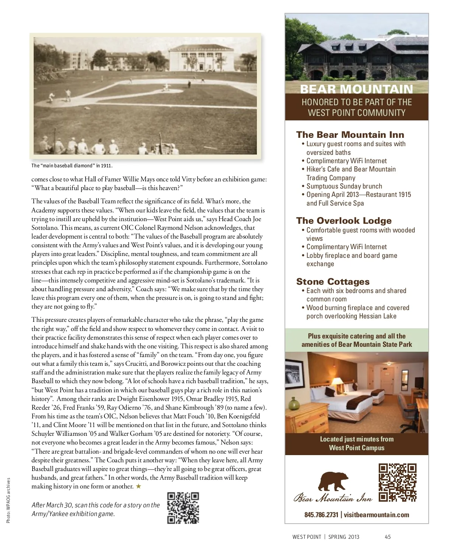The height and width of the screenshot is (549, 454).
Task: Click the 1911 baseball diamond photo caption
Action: pos(72,166)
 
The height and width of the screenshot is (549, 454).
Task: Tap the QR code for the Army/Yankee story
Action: pos(183,508)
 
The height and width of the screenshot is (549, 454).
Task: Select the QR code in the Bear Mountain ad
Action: pos(397,482)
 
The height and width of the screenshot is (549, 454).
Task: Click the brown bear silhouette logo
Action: pos(333,482)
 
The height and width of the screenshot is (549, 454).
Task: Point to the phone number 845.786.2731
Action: pos(321,515)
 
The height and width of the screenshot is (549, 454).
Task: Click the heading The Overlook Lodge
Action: pos(344,221)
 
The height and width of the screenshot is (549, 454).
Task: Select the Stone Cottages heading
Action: pos(333,282)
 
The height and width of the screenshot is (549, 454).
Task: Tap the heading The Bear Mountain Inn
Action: pos(350,135)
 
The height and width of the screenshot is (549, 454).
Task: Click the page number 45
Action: pos(387,537)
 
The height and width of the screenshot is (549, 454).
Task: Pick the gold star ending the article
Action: pos(138,487)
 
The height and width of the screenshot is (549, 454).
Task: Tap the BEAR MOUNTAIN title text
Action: pos(356,89)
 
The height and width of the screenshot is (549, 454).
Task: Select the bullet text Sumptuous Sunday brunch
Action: pos(344,186)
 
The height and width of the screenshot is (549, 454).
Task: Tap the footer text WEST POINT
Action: pos(306,537)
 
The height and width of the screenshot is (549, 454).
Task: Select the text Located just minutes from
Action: pos(356,439)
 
